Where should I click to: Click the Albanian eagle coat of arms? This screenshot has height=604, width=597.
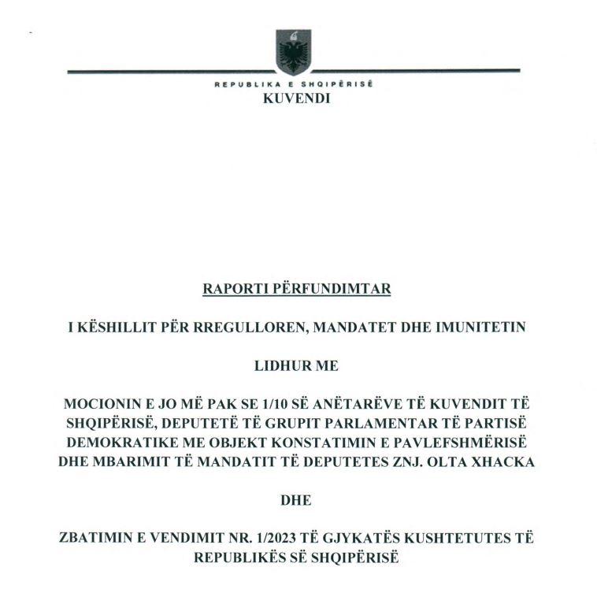[x=293, y=52]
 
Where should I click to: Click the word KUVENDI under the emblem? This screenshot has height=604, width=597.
[x=296, y=99]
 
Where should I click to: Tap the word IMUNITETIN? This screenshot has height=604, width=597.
[x=480, y=328]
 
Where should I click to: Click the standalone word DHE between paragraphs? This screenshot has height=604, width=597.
[x=296, y=500]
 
